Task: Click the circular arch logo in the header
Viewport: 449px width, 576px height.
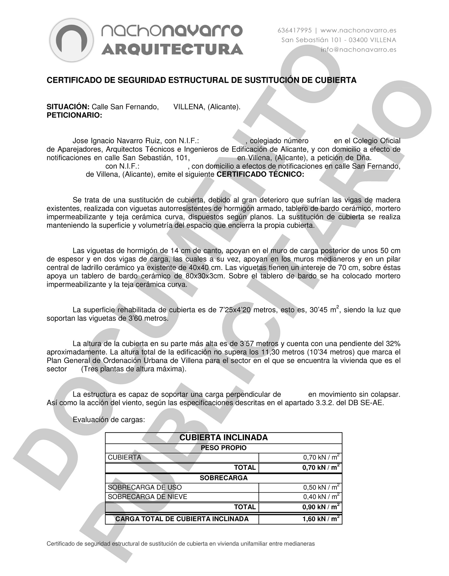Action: (72, 40)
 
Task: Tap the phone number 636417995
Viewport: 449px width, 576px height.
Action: (294, 30)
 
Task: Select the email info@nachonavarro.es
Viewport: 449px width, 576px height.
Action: (359, 50)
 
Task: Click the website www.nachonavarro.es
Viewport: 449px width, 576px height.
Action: (358, 30)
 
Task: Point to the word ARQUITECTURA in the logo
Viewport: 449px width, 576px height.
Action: (172, 49)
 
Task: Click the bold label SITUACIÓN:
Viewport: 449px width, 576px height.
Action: (68, 107)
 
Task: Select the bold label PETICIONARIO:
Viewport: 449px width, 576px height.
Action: (74, 115)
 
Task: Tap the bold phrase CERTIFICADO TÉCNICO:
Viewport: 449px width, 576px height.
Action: (261, 174)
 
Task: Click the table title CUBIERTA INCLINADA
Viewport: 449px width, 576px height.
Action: (224, 437)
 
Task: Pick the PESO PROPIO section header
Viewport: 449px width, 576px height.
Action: (224, 448)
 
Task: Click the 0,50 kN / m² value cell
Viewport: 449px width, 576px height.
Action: (321, 487)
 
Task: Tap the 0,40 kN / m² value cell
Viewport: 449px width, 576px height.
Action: (321, 497)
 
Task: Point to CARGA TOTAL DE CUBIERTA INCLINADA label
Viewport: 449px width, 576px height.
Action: (182, 519)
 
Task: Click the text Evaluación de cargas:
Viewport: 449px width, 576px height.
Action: (109, 420)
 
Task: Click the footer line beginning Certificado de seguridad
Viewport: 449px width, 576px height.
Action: (181, 544)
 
